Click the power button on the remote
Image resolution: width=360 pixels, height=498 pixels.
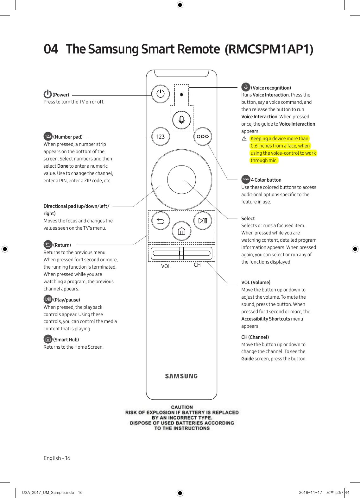(x=161, y=94)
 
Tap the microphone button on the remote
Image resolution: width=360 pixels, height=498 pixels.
(x=181, y=120)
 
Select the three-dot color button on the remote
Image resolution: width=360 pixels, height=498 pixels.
(x=203, y=136)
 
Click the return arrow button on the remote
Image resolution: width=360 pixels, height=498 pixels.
(x=161, y=221)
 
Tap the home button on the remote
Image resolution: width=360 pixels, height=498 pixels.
(x=181, y=231)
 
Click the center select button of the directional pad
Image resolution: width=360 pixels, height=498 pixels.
(x=181, y=179)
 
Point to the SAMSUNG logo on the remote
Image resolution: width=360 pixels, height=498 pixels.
(x=181, y=376)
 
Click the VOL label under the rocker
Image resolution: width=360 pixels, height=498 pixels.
(x=166, y=266)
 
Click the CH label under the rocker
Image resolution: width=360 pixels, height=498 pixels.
(x=197, y=265)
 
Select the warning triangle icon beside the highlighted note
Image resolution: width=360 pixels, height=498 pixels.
(x=244, y=139)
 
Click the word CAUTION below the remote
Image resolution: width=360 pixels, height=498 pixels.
(x=182, y=407)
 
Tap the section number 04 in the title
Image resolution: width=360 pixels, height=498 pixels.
(x=51, y=49)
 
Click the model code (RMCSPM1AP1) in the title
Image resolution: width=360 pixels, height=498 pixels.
(x=269, y=49)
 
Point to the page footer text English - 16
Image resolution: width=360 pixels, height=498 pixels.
(x=57, y=458)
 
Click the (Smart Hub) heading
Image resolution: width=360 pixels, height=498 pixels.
(x=66, y=339)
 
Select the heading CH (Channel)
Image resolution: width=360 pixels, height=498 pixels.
(x=255, y=337)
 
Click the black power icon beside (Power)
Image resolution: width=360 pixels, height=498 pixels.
(x=47, y=94)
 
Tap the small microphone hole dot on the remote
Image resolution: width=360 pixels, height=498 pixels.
(x=181, y=94)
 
